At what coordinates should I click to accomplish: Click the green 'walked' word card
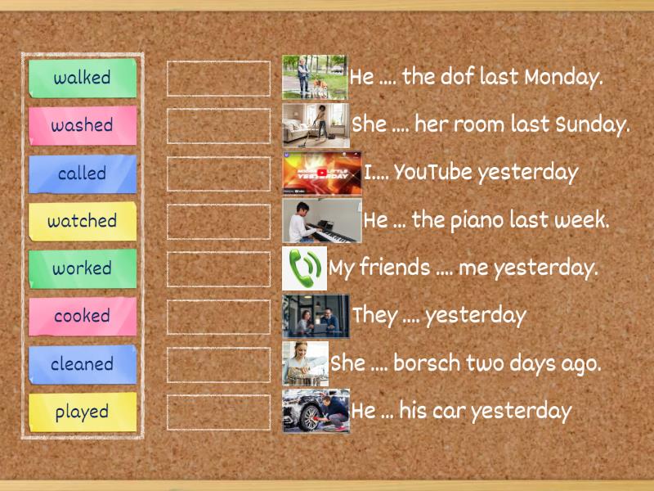click(83, 78)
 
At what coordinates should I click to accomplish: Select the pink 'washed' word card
click(83, 125)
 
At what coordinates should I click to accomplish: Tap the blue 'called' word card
click(83, 173)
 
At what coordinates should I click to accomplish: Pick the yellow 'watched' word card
click(83, 221)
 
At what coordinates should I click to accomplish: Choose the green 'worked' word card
click(83, 268)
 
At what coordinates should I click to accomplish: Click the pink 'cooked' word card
click(83, 316)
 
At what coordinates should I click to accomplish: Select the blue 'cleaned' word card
click(83, 364)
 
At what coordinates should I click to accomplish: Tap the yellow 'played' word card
click(83, 412)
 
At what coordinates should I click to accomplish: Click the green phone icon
click(304, 268)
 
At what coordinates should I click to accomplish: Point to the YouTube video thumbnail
click(321, 172)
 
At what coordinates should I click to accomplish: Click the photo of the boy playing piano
click(321, 220)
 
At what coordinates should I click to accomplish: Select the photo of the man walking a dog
click(314, 77)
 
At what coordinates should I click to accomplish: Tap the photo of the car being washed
click(316, 411)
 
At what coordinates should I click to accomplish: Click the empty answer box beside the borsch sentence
click(218, 364)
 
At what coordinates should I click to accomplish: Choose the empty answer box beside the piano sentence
click(218, 221)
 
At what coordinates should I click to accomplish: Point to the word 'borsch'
click(427, 363)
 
